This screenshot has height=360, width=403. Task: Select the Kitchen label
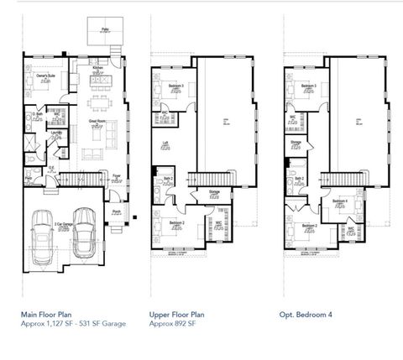coord(97,70)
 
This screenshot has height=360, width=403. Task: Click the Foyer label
coord(116,175)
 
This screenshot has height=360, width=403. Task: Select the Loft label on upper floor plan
coord(166,143)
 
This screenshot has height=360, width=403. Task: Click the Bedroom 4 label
coord(339,201)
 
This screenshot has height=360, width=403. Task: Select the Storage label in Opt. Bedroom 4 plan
coord(296,143)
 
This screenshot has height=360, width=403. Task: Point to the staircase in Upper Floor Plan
coord(213,178)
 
